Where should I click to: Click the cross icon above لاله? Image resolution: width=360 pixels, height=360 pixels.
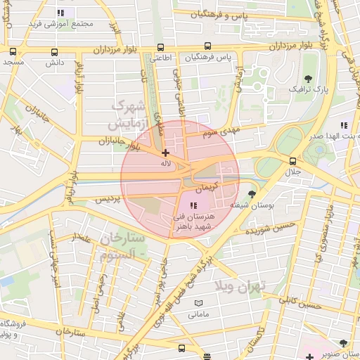coord(165,153)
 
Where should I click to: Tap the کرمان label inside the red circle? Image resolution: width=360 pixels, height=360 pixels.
coord(207,189)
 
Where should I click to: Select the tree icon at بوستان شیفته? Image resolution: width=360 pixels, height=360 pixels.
coord(252,193)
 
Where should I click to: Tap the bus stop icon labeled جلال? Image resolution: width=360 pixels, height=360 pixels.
coord(292,161)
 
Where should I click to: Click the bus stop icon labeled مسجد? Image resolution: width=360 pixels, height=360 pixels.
coord(13,51)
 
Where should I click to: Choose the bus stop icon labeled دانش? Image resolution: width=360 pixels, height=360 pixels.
coord(55,51)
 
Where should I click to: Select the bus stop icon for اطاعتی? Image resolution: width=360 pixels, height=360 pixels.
coord(161,47)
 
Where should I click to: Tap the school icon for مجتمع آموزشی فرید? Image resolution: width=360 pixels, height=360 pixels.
coord(61,13)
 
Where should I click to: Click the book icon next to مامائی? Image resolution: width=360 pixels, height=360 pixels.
coord(198,302)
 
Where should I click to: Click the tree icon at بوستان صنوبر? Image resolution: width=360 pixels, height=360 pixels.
coord(343,343)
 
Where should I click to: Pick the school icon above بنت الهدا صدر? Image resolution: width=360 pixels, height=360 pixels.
coord(344,125)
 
